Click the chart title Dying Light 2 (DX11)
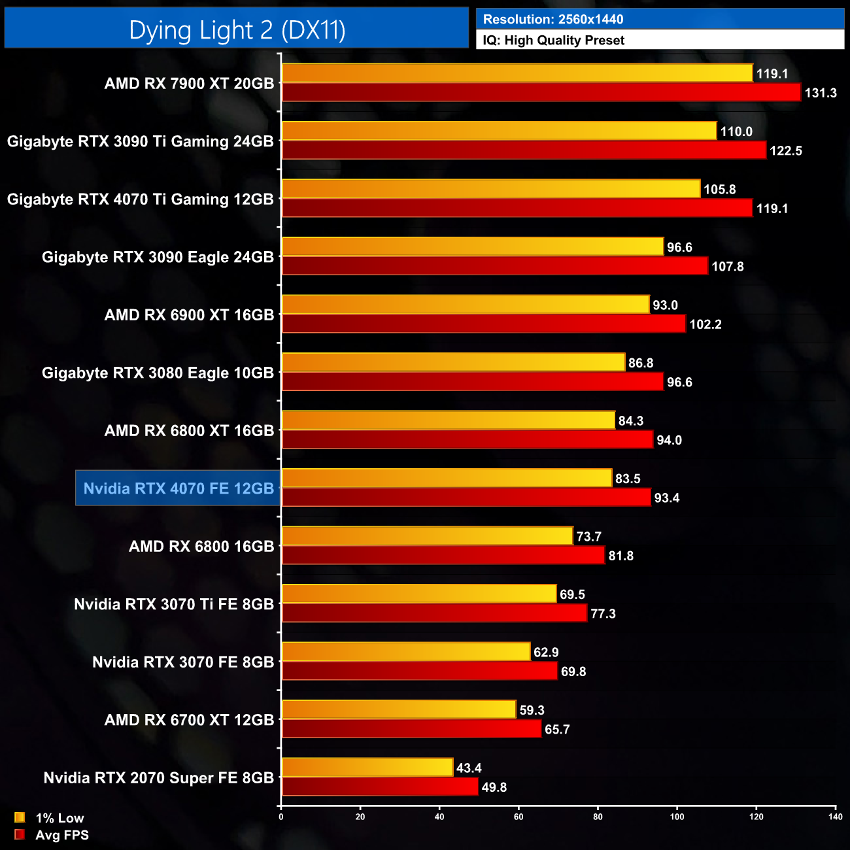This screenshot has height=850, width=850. [x=237, y=30]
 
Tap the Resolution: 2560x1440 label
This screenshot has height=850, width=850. [x=552, y=20]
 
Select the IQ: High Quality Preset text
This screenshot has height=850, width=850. [x=553, y=41]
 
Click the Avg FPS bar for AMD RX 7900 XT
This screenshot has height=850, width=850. [x=541, y=93]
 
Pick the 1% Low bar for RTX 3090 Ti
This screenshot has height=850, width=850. [x=499, y=131]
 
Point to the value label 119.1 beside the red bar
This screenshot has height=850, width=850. [x=772, y=209]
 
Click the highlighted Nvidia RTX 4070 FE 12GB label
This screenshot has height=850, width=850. [x=178, y=488]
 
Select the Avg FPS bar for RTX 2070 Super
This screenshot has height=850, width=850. [x=380, y=787]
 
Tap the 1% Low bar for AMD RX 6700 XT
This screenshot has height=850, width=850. [x=399, y=710]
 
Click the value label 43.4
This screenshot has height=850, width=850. [x=469, y=768]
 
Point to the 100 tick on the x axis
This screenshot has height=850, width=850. [x=677, y=817]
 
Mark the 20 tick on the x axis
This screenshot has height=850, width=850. [x=360, y=817]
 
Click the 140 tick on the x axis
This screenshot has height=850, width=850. [x=835, y=817]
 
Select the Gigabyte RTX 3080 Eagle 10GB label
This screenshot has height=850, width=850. [x=158, y=373]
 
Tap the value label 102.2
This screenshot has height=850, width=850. [x=705, y=325]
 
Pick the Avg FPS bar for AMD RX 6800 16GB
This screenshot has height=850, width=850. [x=443, y=556]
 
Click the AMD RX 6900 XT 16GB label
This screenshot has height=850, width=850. [x=189, y=315]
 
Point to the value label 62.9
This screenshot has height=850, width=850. [x=546, y=653]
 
